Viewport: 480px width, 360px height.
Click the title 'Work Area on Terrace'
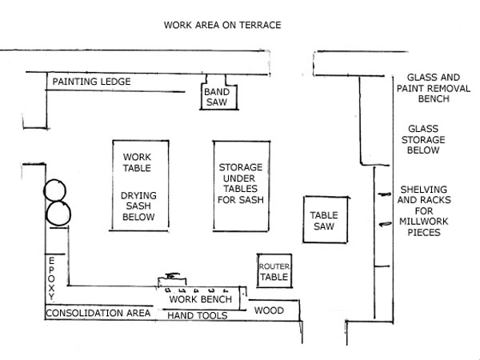(222, 25)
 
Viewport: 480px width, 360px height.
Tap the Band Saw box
(215, 97)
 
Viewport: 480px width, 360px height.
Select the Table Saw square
(324, 221)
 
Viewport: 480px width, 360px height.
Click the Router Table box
(273, 271)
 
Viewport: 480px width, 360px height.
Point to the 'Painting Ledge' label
(91, 82)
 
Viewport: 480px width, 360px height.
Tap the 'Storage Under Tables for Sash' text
(241, 183)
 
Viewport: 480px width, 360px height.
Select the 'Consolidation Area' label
(98, 313)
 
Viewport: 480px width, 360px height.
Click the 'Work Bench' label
(201, 299)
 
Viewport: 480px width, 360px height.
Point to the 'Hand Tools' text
(197, 316)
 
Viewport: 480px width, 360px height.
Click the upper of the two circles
(57, 190)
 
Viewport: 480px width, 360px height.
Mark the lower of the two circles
(58, 214)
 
